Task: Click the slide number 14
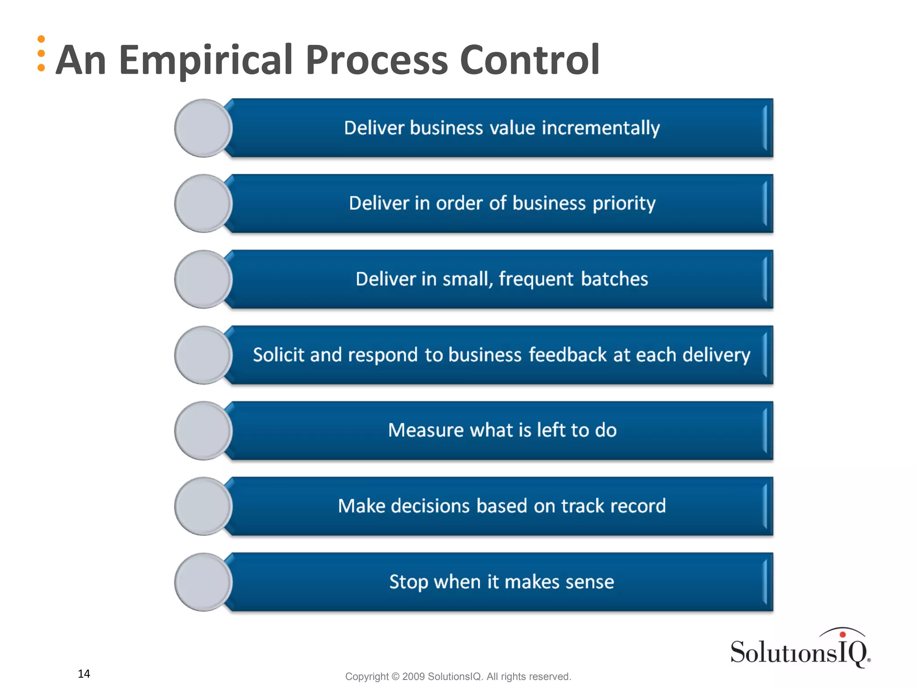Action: [x=84, y=674]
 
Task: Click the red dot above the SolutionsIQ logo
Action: [x=843, y=634]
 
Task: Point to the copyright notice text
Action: [x=458, y=676]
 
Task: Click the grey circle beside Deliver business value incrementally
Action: [x=203, y=128]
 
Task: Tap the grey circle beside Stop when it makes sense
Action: [x=203, y=582]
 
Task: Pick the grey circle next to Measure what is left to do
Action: [x=203, y=430]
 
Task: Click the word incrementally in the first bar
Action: [x=601, y=128]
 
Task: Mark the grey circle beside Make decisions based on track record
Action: [x=203, y=506]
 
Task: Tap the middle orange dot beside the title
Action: [x=41, y=54]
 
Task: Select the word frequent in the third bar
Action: [x=536, y=279]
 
